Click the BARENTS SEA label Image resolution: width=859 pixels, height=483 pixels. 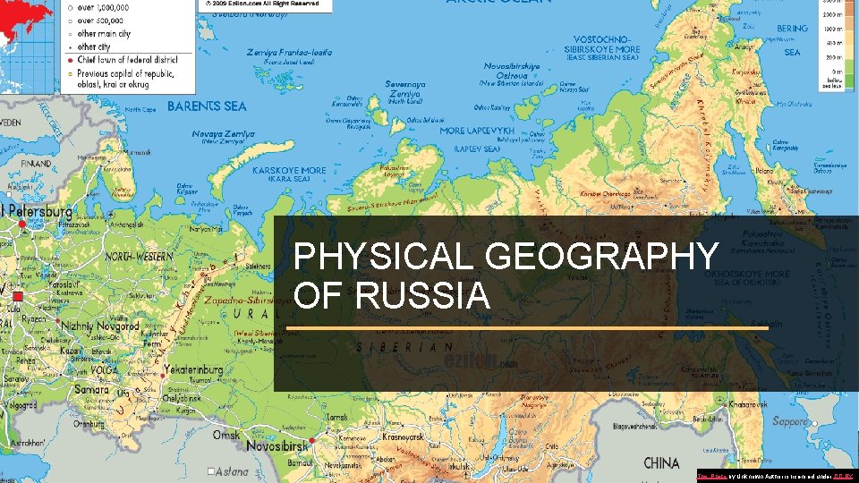point(207,106)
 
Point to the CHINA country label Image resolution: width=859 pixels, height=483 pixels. point(661,462)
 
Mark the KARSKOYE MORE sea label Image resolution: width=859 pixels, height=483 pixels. point(290,170)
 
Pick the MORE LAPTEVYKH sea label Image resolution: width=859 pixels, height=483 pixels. point(478,131)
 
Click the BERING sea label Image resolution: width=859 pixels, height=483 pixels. point(792,29)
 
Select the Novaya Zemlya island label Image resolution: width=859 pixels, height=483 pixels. point(224,133)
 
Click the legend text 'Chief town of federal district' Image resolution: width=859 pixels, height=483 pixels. point(134,59)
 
